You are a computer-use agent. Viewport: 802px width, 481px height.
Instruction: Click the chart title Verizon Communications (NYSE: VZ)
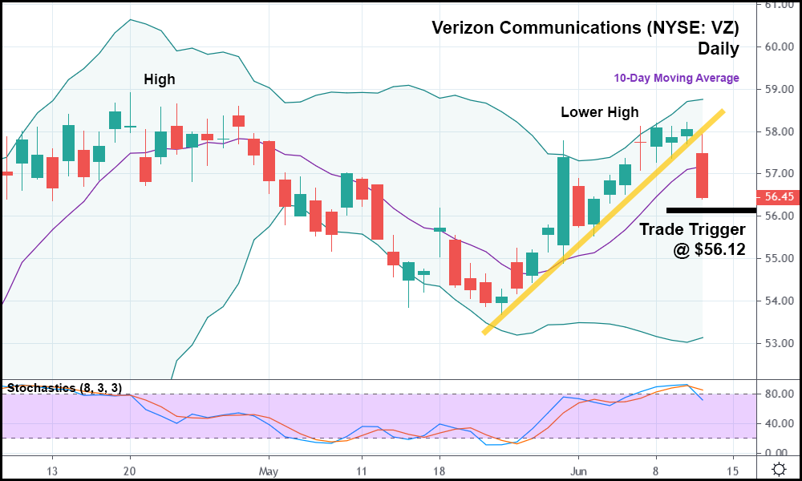pyautogui.click(x=585, y=28)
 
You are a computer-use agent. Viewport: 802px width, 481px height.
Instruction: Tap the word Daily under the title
pyautogui.click(x=718, y=49)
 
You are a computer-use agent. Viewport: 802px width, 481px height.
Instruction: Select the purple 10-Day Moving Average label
pyautogui.click(x=676, y=78)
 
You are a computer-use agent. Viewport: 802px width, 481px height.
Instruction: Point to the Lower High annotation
pyautogui.click(x=599, y=112)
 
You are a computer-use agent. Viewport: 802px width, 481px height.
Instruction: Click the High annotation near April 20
pyautogui.click(x=159, y=79)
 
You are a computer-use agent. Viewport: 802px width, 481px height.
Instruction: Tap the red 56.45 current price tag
pyautogui.click(x=776, y=196)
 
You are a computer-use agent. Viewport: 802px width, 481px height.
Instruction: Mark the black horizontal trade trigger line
pyautogui.click(x=711, y=210)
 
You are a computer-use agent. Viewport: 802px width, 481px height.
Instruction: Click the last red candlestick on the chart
pyautogui.click(x=702, y=176)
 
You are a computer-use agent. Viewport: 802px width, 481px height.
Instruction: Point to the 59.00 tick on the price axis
pyautogui.click(x=776, y=89)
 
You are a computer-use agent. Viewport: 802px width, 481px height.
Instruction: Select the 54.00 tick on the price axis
pyautogui.click(x=776, y=301)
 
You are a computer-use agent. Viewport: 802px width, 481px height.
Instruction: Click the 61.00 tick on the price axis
pyautogui.click(x=776, y=5)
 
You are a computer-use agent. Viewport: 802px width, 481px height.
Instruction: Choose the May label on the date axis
pyautogui.click(x=269, y=471)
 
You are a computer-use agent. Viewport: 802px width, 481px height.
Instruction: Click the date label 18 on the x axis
pyautogui.click(x=438, y=471)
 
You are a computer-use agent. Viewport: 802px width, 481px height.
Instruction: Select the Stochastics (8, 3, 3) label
pyautogui.click(x=63, y=388)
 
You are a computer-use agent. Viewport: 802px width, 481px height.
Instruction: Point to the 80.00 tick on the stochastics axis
pyautogui.click(x=776, y=394)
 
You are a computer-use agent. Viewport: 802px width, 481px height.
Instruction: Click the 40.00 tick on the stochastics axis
pyautogui.click(x=776, y=423)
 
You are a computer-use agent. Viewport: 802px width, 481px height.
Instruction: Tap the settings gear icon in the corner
pyautogui.click(x=778, y=469)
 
